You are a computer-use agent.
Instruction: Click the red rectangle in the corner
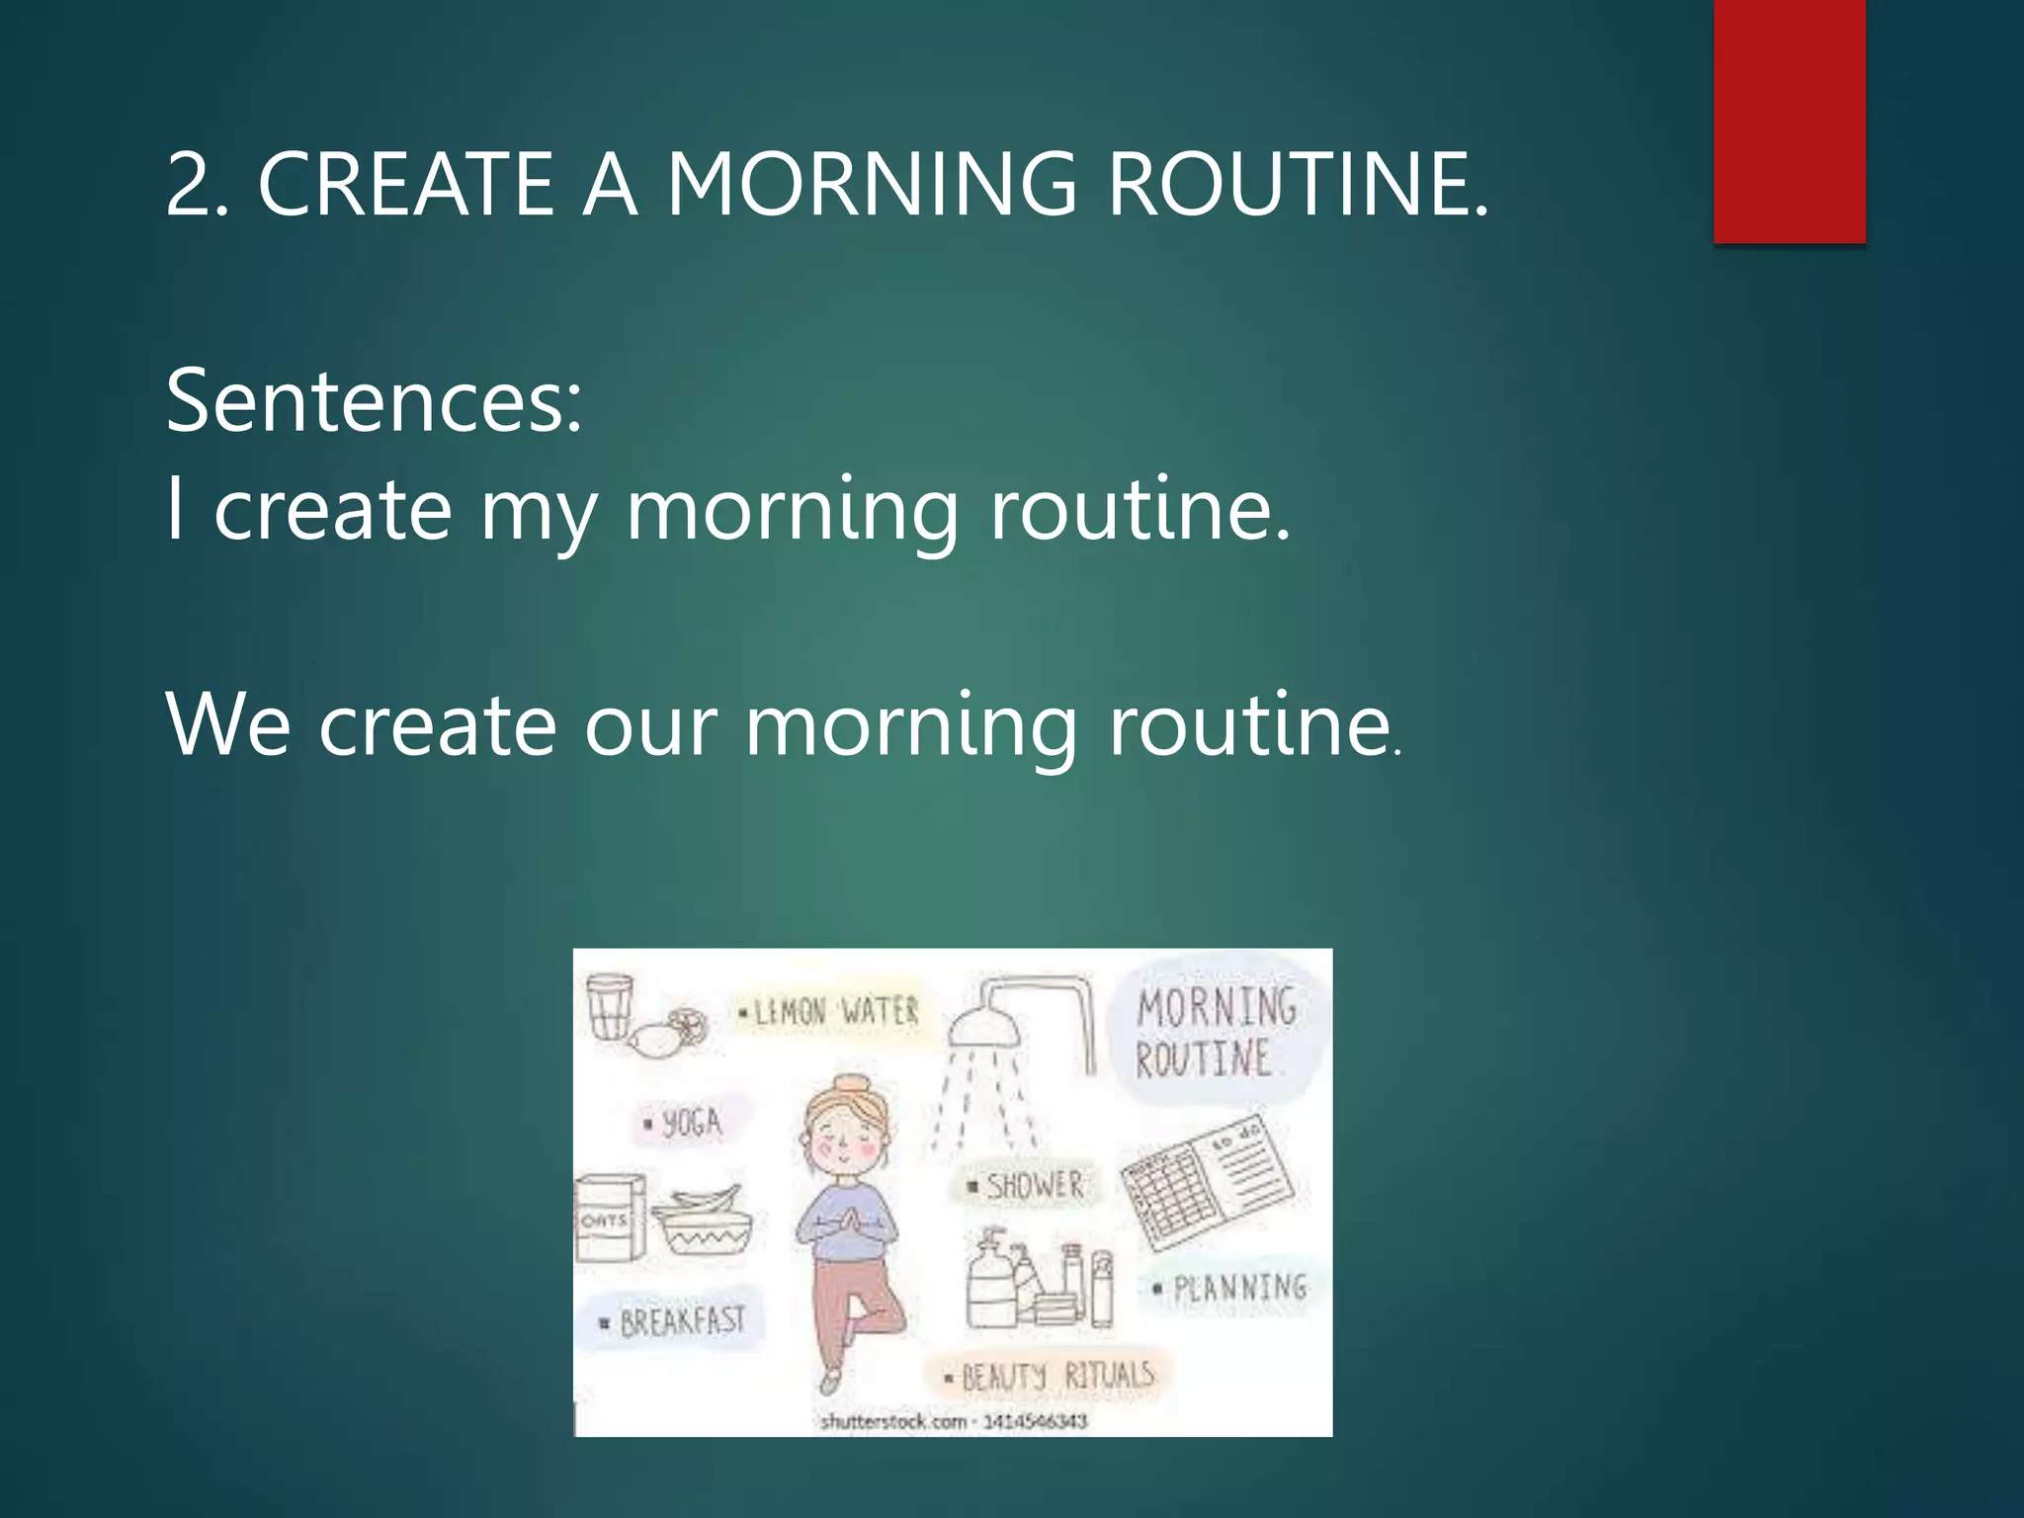pyautogui.click(x=1789, y=121)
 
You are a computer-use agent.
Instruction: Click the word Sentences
pyautogui.click(x=374, y=401)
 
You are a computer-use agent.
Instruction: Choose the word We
pyautogui.click(x=227, y=725)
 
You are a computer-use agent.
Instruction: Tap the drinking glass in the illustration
pyautogui.click(x=609, y=1006)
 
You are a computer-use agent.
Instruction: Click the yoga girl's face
pyautogui.click(x=846, y=1137)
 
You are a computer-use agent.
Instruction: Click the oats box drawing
pyautogui.click(x=609, y=1218)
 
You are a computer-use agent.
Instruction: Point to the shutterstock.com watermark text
pyautogui.click(x=953, y=1422)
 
